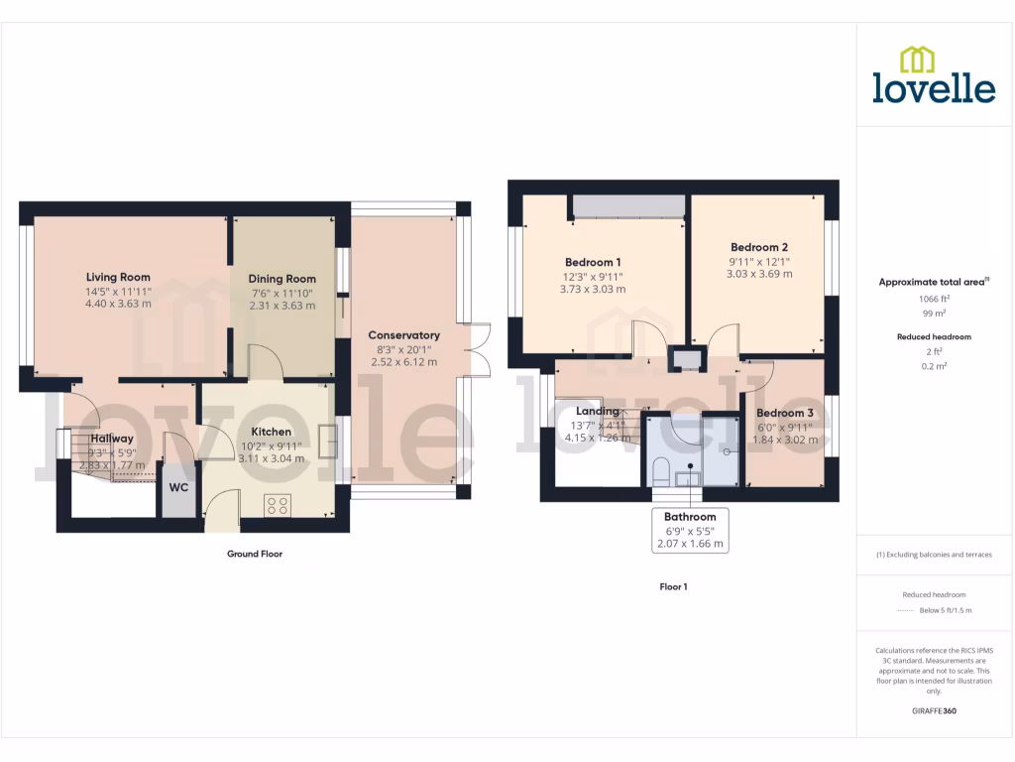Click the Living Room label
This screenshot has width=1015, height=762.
tap(118, 277)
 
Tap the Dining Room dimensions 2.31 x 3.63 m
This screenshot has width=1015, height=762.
tap(282, 306)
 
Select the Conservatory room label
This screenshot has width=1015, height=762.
tap(403, 335)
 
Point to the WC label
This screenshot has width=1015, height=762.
tap(178, 488)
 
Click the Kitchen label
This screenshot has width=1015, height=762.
tap(271, 432)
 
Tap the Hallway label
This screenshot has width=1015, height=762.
tap(111, 439)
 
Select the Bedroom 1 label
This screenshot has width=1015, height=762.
tap(594, 262)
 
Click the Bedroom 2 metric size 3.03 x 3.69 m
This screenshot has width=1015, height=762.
tap(759, 274)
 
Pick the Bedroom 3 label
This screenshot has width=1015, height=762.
tap(784, 413)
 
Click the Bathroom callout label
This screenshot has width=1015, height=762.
tap(690, 517)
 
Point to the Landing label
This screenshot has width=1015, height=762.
tap(597, 411)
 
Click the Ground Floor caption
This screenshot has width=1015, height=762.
tap(255, 554)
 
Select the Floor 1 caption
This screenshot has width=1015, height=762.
tap(673, 587)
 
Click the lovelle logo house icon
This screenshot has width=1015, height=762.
tap(917, 60)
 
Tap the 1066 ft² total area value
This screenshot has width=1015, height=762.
tap(934, 298)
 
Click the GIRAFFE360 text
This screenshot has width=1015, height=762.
tap(934, 711)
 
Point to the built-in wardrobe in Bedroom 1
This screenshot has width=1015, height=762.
tap(628, 205)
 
